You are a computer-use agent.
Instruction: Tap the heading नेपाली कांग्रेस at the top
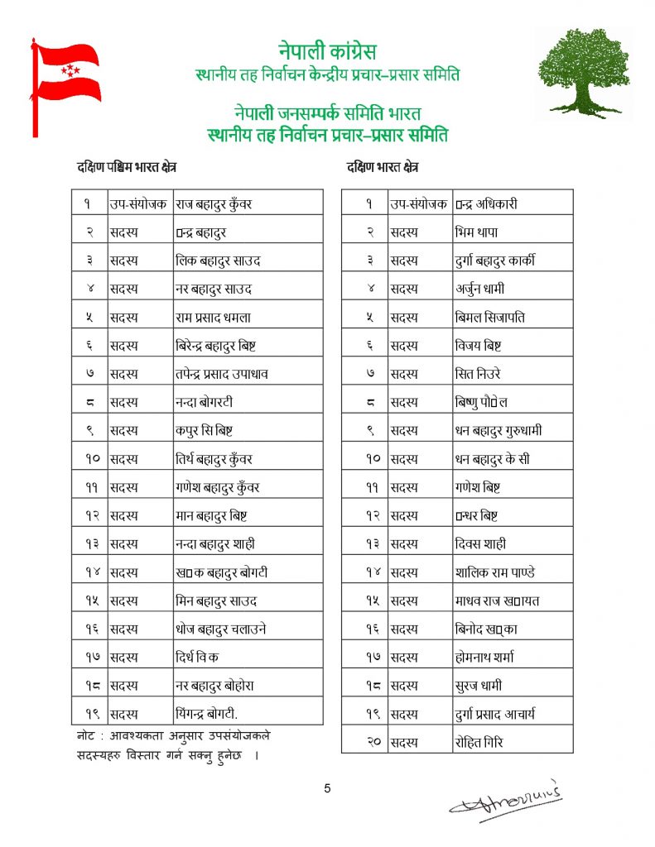pyautogui.click(x=327, y=52)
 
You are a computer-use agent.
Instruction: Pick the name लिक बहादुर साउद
pyautogui.click(x=219, y=261)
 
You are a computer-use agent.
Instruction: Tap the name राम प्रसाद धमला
pyautogui.click(x=214, y=317)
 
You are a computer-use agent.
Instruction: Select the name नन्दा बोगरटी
pyautogui.click(x=205, y=402)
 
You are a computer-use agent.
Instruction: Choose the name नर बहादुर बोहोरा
pyautogui.click(x=214, y=685)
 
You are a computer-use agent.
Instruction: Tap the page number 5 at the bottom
pyautogui.click(x=327, y=788)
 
